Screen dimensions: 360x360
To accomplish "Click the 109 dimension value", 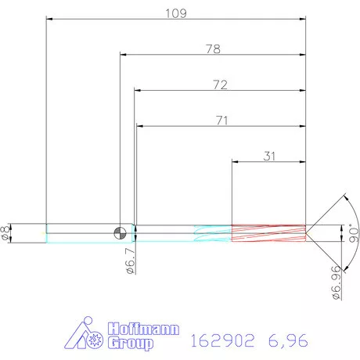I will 175,13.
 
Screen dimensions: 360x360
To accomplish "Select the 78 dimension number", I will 212,49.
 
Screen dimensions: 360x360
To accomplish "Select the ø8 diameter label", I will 6,232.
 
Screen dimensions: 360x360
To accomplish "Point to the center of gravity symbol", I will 120,232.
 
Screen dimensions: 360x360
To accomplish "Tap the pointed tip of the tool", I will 307,232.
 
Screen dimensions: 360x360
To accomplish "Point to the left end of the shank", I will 47,232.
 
